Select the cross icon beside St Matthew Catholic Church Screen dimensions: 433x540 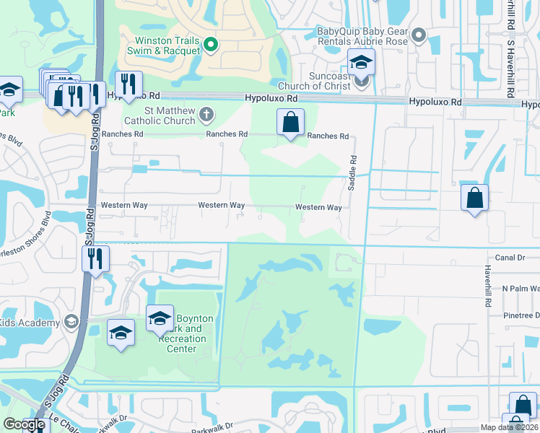[206, 113]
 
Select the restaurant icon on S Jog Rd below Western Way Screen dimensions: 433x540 [95, 258]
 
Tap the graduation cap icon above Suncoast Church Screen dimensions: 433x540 [361, 63]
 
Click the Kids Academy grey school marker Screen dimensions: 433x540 [71, 322]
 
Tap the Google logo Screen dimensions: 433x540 [25, 424]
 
